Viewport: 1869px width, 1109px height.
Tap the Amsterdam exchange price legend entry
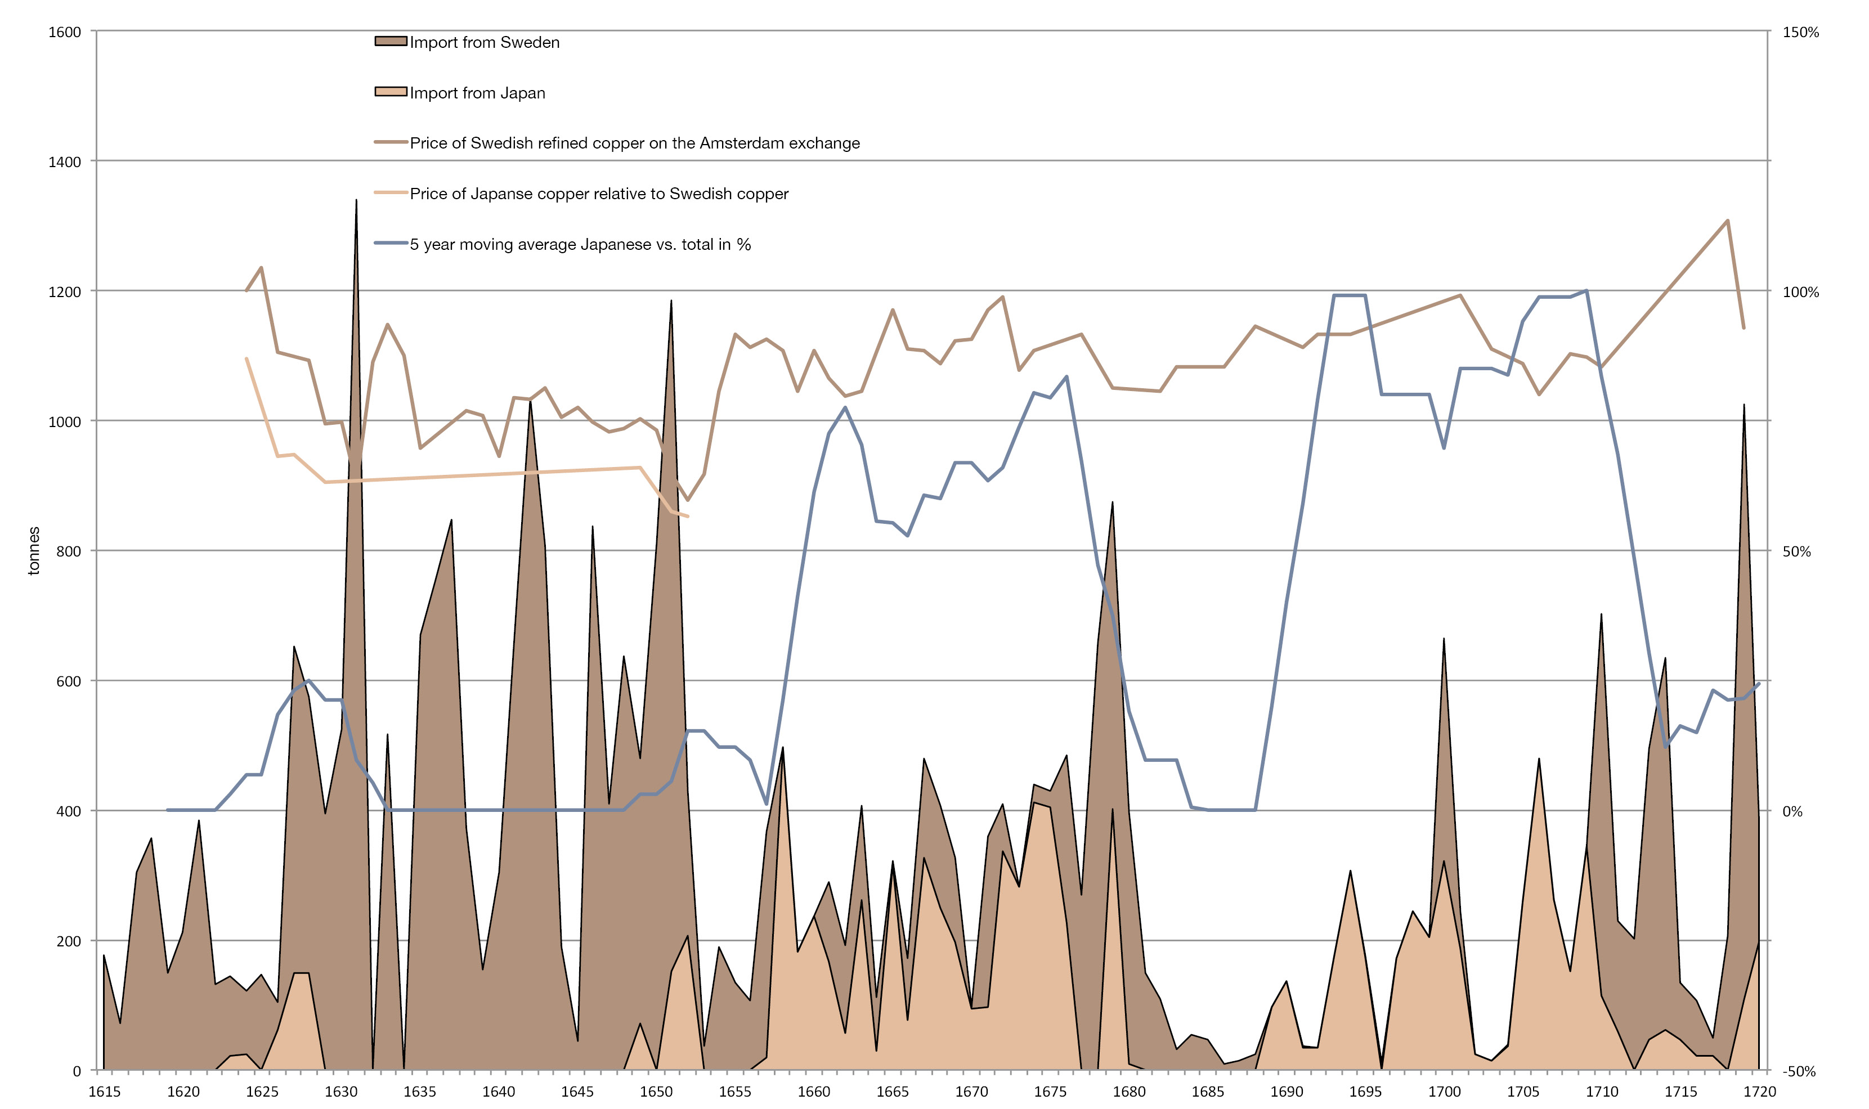coord(634,143)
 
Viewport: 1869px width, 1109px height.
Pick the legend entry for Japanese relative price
coord(599,194)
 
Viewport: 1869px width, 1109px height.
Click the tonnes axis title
coord(34,551)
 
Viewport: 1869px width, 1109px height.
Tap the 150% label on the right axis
coord(1800,32)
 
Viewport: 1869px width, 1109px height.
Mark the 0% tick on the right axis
coord(1792,811)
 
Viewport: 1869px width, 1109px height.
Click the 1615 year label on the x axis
coord(105,1092)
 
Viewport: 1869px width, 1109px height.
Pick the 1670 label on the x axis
coord(971,1092)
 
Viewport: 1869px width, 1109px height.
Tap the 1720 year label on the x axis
coord(1759,1092)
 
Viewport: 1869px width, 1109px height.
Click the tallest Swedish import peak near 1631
coord(356,200)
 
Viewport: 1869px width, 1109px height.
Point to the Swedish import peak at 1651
coord(671,301)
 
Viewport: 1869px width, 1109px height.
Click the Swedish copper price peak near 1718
coord(1728,221)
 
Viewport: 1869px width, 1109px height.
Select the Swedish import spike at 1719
coord(1744,405)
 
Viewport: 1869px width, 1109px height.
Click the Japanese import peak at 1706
coord(1539,759)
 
